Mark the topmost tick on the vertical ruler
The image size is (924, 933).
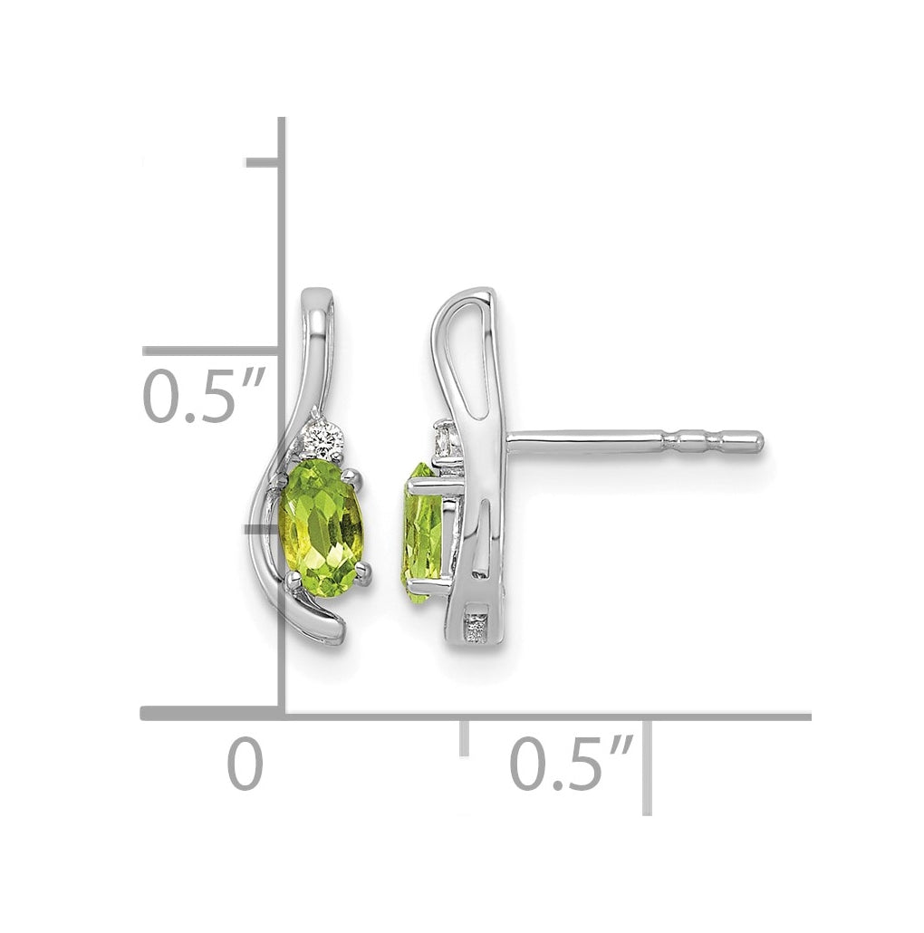[x=263, y=163]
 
